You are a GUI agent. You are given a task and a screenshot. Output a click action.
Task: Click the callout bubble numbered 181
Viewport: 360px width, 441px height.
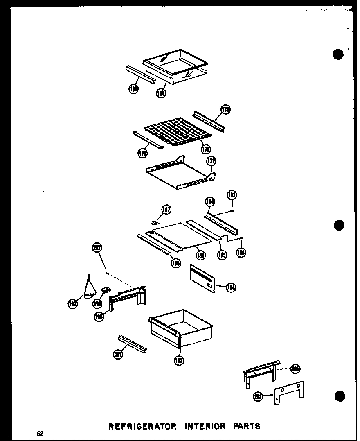133,89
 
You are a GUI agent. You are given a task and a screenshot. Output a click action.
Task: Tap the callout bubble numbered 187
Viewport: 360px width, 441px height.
166,210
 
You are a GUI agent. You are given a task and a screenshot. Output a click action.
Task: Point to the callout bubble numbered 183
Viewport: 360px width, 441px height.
232,195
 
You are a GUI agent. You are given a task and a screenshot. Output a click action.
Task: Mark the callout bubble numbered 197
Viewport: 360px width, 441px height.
73,303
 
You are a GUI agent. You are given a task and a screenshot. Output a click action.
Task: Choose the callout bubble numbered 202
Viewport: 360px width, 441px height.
97,248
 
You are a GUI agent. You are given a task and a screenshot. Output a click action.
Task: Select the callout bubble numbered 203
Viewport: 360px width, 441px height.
258,396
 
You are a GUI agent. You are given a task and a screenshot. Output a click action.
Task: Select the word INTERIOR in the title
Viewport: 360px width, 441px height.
205,426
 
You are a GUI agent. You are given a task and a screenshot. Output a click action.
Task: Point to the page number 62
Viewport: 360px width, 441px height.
40,434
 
